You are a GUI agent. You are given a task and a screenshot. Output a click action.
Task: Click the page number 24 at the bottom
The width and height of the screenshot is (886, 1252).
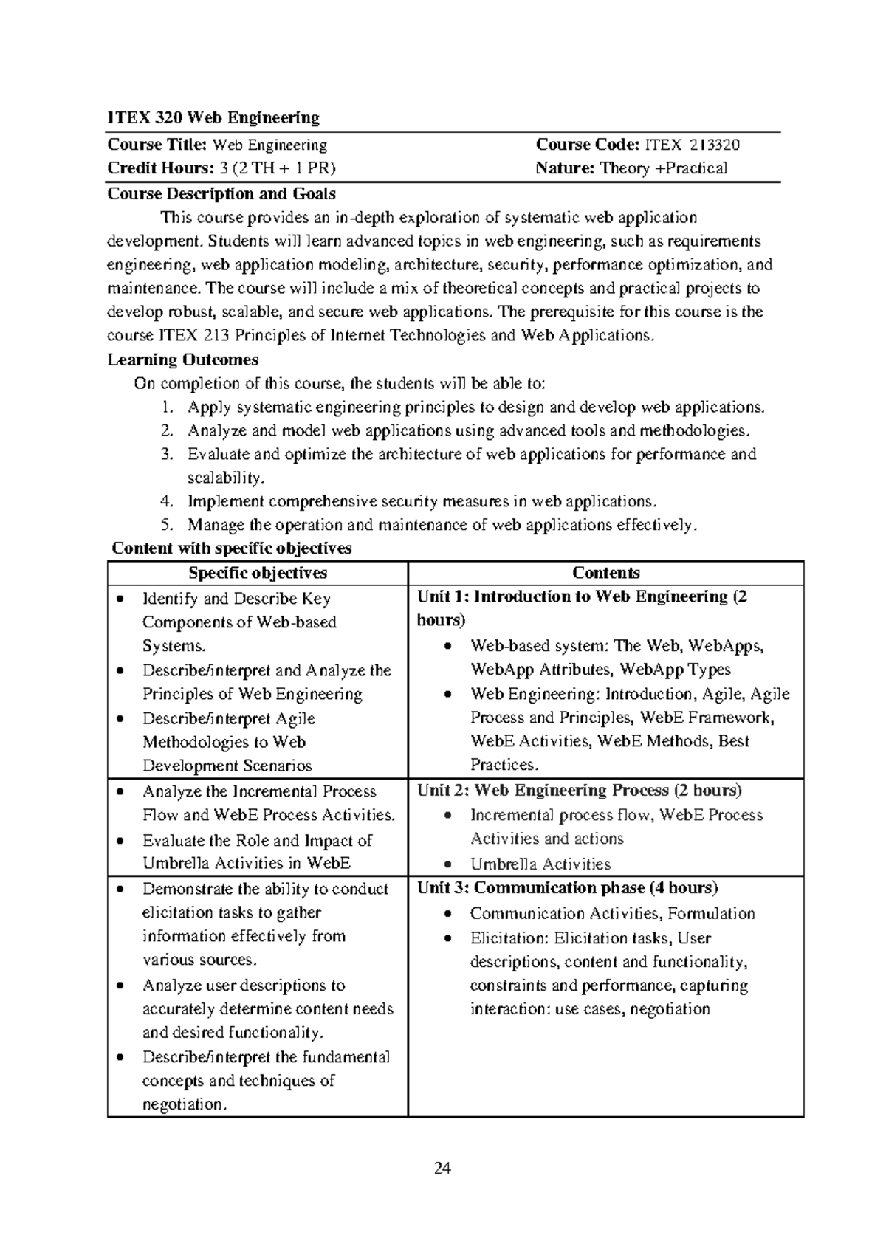(x=443, y=1169)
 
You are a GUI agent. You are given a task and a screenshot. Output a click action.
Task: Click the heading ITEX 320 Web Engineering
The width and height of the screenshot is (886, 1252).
(x=213, y=118)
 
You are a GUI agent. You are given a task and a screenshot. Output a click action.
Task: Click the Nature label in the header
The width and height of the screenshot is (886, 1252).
(x=565, y=168)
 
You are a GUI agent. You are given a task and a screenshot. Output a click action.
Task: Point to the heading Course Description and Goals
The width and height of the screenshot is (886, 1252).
(x=221, y=194)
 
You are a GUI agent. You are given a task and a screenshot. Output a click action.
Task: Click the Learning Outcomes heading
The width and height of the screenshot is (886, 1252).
(x=183, y=360)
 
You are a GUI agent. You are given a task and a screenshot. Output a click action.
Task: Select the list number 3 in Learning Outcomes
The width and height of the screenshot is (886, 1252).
(x=167, y=455)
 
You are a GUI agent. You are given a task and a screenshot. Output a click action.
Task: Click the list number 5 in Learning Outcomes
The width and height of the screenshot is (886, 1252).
(x=167, y=526)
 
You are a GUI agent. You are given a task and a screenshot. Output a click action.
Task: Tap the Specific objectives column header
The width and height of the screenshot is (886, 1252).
(x=258, y=574)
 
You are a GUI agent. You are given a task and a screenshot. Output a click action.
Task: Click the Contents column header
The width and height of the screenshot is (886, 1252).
(x=606, y=574)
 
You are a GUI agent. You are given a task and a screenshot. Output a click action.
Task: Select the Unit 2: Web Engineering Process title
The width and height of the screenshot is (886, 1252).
(x=579, y=791)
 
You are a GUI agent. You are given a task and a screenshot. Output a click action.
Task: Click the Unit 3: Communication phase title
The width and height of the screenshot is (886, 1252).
(x=567, y=888)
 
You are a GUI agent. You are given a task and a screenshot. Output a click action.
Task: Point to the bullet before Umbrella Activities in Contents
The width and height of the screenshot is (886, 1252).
(x=448, y=864)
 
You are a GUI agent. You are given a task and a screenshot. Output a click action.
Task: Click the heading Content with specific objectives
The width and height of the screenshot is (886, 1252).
(x=232, y=548)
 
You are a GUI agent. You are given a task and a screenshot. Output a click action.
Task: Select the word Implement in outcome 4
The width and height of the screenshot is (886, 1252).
(x=225, y=502)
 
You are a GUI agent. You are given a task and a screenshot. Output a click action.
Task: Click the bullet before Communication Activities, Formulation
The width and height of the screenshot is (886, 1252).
(x=448, y=914)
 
